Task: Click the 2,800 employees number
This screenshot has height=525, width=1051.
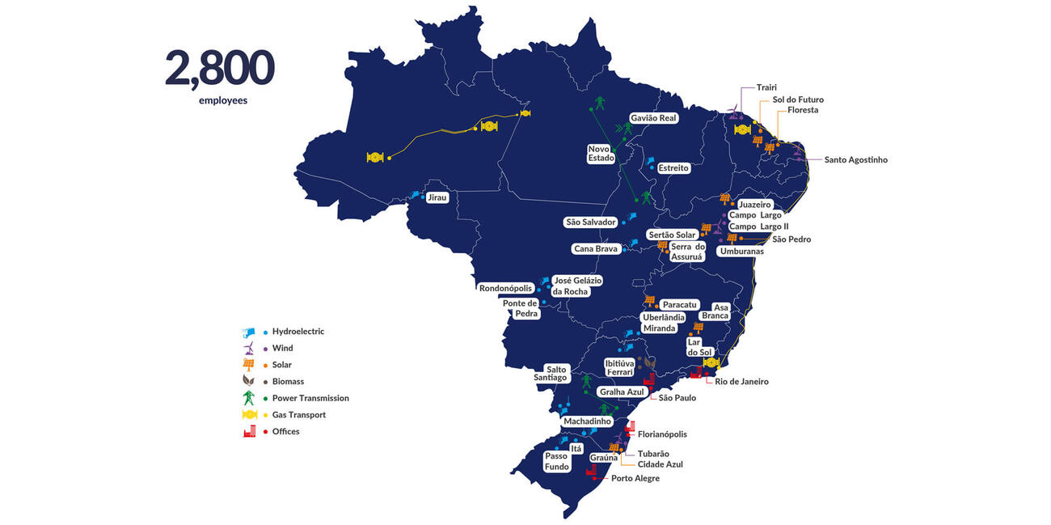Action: (x=219, y=69)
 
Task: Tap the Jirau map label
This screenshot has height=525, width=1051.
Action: (x=437, y=197)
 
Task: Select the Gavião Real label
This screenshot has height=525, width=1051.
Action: (x=653, y=117)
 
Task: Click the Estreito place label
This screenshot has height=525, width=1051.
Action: (x=673, y=168)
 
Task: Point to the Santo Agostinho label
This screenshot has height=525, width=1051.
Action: (x=855, y=160)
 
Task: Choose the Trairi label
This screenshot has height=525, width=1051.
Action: (x=766, y=87)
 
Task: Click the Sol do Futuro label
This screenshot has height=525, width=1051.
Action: (x=798, y=99)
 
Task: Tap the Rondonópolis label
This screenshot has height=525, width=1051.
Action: (x=505, y=288)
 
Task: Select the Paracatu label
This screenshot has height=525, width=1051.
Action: (x=679, y=305)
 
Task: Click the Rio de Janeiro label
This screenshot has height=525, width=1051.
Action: (x=741, y=382)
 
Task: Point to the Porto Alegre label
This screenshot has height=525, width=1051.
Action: (x=635, y=478)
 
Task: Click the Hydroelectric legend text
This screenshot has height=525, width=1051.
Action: (x=298, y=332)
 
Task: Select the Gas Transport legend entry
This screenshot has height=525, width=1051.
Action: (x=298, y=415)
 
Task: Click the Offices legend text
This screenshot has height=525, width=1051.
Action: (x=285, y=431)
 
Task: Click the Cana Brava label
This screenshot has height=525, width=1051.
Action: (x=595, y=249)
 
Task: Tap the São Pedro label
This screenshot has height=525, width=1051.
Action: (x=791, y=239)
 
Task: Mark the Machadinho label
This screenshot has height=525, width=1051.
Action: (x=587, y=421)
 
